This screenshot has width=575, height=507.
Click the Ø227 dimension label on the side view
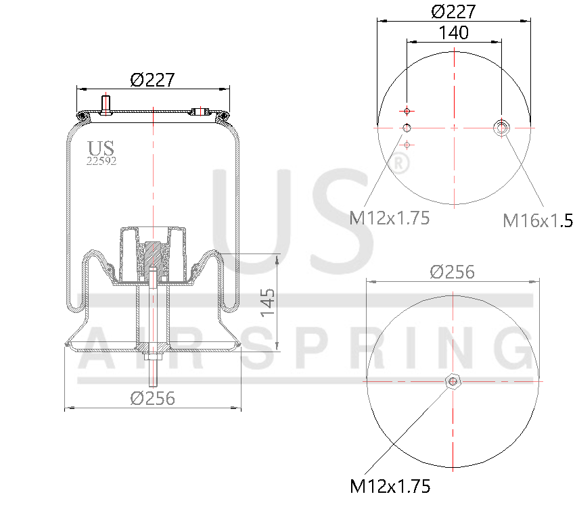pos(153,80)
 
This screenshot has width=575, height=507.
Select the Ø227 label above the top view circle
pos(453,11)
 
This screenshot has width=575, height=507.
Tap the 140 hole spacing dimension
pos(453,32)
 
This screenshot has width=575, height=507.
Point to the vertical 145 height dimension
pos(268,302)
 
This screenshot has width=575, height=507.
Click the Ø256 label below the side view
pos(152,398)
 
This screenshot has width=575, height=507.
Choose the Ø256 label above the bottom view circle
pos(453,272)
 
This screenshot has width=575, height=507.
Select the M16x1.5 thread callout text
pos(537,220)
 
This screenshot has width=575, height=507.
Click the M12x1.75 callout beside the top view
pos(390,218)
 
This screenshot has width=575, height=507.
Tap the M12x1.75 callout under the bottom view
pos(390,485)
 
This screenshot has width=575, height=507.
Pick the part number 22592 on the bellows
pos(101,161)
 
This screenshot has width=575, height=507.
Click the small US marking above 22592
pos(101,148)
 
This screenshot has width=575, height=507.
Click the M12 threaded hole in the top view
pos(407,128)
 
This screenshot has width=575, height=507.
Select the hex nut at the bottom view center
pos(453,382)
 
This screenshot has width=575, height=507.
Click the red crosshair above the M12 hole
pos(407,110)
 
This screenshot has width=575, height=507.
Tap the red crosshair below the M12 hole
pos(407,145)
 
